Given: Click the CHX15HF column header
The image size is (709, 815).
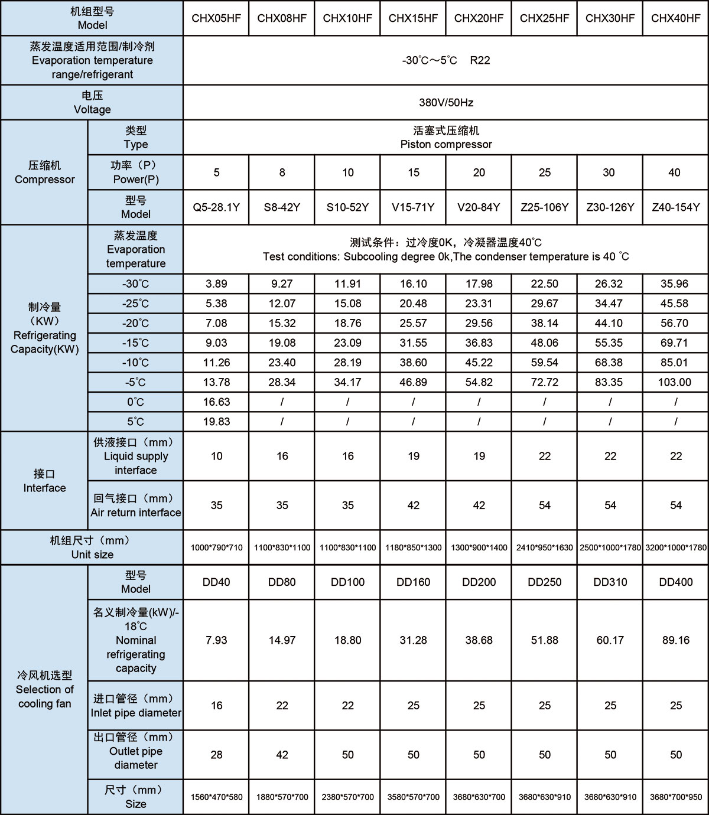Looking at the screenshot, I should coord(413,18).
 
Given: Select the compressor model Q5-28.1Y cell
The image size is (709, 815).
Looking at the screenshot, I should coord(216,207).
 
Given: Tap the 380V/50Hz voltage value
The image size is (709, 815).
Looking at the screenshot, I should coord(446,103).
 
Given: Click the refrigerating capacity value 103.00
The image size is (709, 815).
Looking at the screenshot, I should coord(675,382).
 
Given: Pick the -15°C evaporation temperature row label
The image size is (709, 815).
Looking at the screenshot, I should coord(135,343).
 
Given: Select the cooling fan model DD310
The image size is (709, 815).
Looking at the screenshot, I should coord(610,582).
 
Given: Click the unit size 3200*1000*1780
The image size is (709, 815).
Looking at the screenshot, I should coord(675,547).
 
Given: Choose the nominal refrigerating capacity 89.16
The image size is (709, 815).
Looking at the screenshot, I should coord(675,640).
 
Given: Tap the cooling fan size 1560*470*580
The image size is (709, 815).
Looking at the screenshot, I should coord(216,797).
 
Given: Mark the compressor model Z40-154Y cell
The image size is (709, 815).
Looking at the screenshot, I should coord(675,207).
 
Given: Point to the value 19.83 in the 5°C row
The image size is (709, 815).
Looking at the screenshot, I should coord(216,422).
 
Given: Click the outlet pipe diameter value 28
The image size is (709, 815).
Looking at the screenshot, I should coord(216,755).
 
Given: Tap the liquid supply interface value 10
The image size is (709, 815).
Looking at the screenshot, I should coord(216,456).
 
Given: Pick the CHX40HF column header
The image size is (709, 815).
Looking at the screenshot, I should coord(675,18).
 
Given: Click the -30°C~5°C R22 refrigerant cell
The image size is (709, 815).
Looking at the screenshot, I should coord(446,60).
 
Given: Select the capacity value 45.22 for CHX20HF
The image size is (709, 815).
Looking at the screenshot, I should coord(479,363).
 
